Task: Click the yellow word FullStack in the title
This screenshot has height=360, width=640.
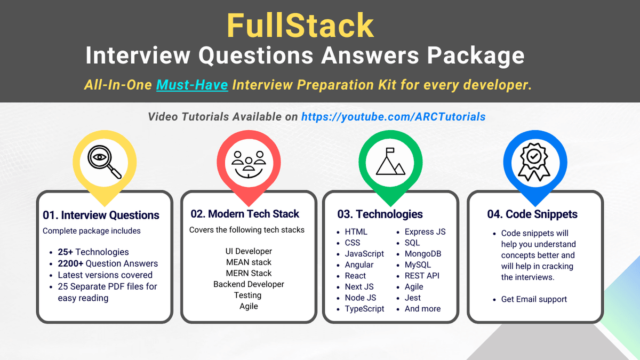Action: [x=300, y=25]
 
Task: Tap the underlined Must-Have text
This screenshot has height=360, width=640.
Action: [x=192, y=84]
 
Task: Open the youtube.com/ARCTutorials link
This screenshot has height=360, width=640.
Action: [x=393, y=116]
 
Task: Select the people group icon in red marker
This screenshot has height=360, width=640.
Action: [x=249, y=163]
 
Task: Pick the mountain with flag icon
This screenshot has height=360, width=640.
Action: [x=390, y=162]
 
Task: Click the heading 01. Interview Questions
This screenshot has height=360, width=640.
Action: [x=101, y=215]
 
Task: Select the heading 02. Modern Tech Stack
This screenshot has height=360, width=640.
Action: [x=245, y=214]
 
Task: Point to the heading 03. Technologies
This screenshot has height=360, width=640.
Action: [x=380, y=214]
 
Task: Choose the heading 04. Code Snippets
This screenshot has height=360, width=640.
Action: [x=532, y=214]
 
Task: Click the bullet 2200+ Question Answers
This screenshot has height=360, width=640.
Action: [x=108, y=263]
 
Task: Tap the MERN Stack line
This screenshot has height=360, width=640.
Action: [x=249, y=273]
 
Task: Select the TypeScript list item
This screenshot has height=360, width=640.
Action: [x=364, y=309]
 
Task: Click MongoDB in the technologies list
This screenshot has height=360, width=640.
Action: [x=423, y=254]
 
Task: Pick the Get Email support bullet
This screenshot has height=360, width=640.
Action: [x=534, y=299]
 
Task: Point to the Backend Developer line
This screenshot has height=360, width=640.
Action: [x=249, y=284]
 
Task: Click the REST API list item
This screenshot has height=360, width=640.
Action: [x=422, y=276]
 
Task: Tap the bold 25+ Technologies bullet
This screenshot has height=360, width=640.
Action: [x=93, y=252]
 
